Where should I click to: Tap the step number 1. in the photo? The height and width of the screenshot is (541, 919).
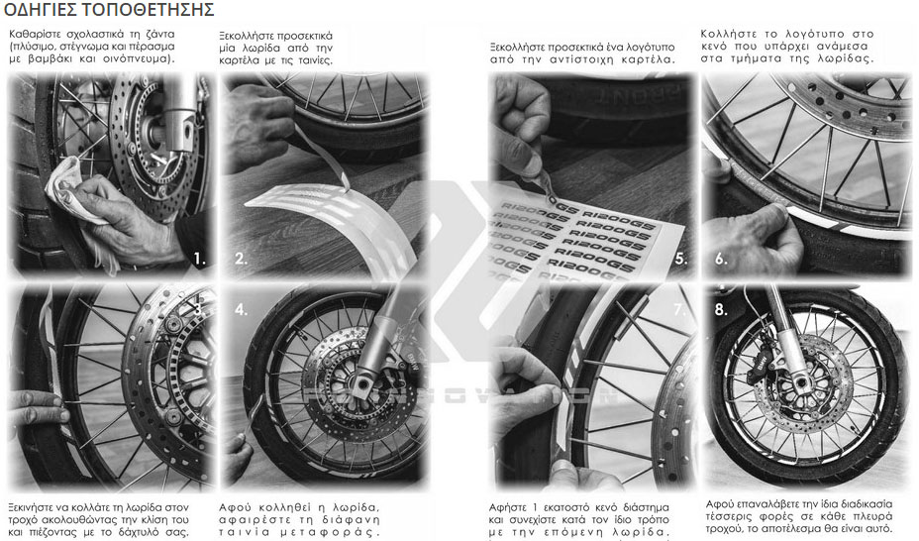[x=200, y=259]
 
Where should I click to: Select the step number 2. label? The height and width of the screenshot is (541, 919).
[x=241, y=259]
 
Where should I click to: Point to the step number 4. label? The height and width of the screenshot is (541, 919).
[x=241, y=309]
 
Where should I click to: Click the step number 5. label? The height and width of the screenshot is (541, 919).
[x=680, y=259]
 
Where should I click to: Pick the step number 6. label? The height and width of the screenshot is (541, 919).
[x=720, y=259]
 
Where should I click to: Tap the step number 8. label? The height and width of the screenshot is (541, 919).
[x=720, y=309]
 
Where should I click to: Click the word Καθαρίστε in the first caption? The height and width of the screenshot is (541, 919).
[x=32, y=34]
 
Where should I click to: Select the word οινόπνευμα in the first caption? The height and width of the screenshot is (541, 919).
[x=139, y=59]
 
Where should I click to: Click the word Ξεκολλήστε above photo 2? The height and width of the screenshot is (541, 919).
[x=246, y=36]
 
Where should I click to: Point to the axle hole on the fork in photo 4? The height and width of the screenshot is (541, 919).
[x=364, y=383]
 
